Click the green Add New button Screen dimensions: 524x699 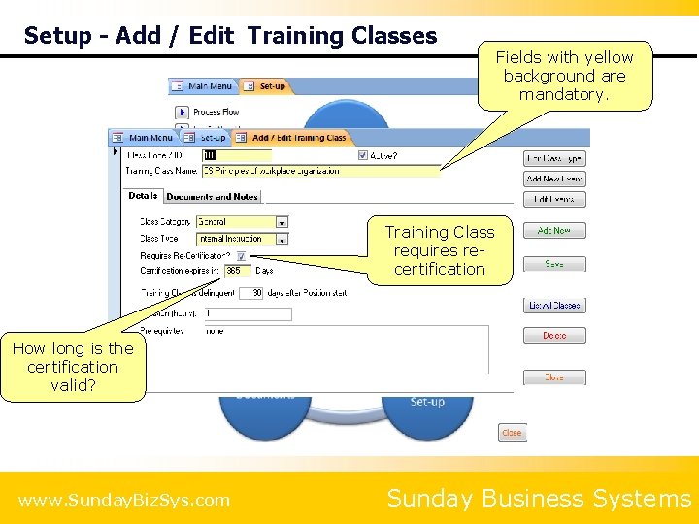(554, 231)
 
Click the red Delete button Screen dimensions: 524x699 (554, 336)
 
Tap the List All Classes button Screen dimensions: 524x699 (554, 305)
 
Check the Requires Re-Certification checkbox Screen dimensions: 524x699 (241, 256)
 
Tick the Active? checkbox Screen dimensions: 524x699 (363, 155)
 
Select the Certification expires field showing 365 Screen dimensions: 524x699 (237, 271)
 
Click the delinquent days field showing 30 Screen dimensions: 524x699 (251, 292)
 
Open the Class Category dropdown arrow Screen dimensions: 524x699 (282, 222)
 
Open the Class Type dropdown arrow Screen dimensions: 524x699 (282, 238)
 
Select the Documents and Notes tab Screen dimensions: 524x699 (212, 197)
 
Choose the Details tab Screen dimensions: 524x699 (143, 196)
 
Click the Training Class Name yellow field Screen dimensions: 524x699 (320, 171)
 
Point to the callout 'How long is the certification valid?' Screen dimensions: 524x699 (73, 367)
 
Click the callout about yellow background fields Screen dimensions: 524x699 (564, 76)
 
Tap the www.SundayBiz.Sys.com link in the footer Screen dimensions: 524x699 (124, 500)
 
